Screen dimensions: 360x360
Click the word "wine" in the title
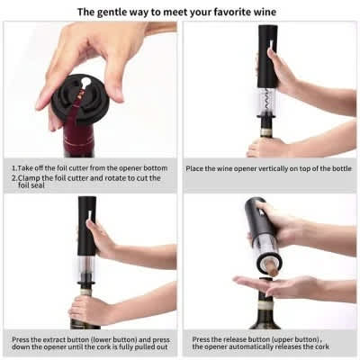264,12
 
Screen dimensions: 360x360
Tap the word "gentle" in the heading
111,13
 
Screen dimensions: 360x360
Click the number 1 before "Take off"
13,168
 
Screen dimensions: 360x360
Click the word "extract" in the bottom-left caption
54,340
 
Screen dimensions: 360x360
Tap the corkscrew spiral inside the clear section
267,102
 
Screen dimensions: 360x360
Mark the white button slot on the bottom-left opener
90,215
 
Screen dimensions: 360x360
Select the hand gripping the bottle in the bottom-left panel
87,310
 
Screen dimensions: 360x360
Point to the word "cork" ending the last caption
321,346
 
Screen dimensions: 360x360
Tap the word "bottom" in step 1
155,168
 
